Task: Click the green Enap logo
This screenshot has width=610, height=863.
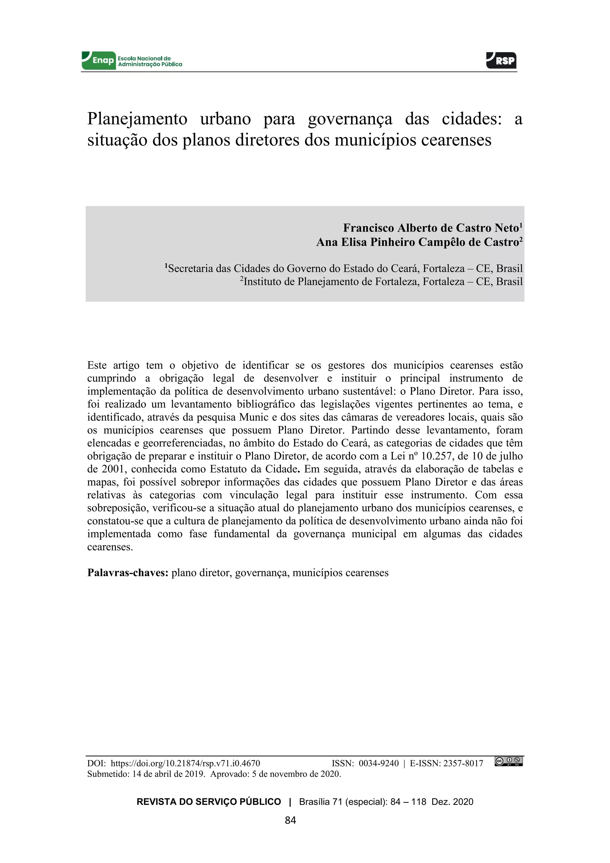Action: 98,60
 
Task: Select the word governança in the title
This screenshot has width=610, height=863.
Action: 350,119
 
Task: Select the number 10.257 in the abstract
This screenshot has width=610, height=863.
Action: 435,456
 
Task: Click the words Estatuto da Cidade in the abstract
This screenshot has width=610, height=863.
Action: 253,469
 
